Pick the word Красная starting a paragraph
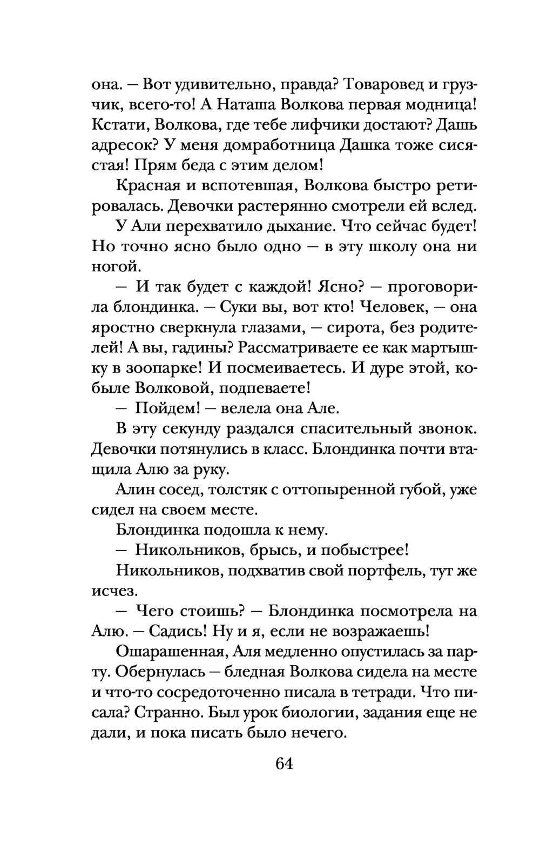[x=146, y=185]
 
